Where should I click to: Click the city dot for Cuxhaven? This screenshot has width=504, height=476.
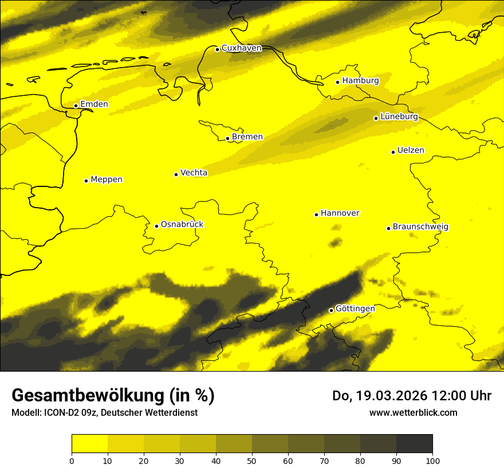pos(217,49)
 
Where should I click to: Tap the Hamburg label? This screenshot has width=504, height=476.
pos(360,81)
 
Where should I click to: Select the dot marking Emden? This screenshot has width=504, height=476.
pos(76,106)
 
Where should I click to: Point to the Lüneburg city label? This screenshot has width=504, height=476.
pos(399,116)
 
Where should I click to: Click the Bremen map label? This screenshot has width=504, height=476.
pos(247,137)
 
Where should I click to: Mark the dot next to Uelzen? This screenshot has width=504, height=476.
pos(393,152)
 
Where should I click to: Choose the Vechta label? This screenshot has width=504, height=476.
pos(194,173)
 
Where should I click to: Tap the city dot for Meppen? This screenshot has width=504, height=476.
pos(86,181)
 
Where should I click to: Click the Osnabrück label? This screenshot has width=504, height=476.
pos(182,224)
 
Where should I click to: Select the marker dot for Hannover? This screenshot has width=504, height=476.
pos(316,214)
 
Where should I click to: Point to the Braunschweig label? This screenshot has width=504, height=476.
pos(420,227)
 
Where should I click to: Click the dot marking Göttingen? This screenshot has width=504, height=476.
pos(331,310)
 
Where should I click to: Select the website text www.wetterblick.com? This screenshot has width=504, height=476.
pos(414,412)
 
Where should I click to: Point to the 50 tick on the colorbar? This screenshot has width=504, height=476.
pos(252,461)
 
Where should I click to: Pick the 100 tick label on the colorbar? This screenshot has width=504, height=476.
pos(432,461)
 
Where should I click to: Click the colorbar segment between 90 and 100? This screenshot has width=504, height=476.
pos(414,444)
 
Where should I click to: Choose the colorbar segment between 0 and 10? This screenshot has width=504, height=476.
pos(90,444)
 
